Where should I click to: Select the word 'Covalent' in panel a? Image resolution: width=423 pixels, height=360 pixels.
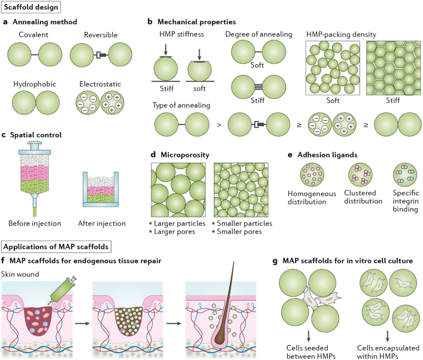(33, 35)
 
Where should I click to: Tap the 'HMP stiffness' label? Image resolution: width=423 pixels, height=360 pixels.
(176, 34)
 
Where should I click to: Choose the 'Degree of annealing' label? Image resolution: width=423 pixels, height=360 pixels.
(258, 34)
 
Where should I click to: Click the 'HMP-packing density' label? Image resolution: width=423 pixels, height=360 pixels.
(341, 34)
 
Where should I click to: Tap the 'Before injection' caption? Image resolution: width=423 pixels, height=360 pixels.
(35, 224)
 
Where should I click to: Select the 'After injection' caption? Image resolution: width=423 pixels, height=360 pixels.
(102, 224)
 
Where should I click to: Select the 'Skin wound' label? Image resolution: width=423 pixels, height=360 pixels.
(20, 274)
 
